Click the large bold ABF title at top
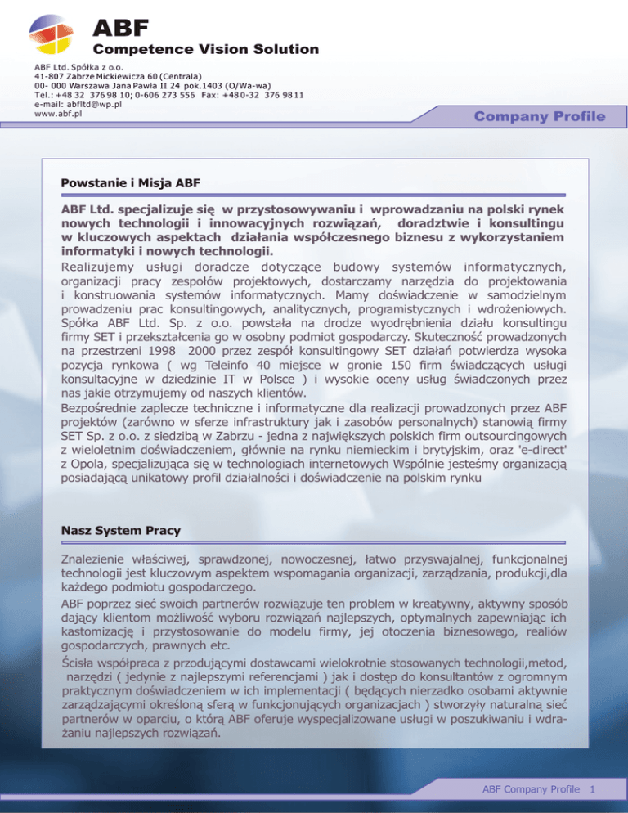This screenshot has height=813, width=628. point(120,30)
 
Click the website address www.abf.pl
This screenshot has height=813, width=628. point(58,114)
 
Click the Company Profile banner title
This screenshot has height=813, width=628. point(541,117)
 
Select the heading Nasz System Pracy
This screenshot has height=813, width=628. point(120,530)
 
